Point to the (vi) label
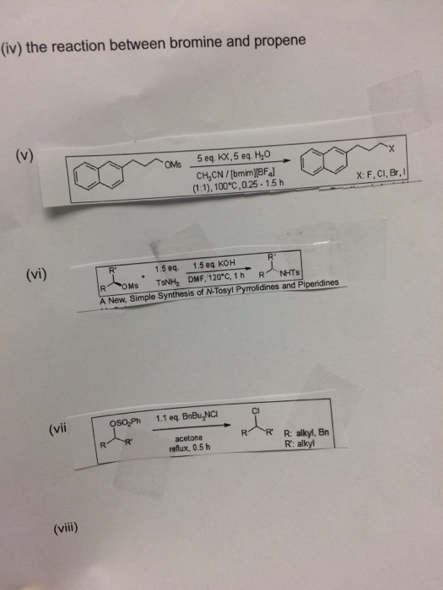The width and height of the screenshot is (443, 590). (x=35, y=273)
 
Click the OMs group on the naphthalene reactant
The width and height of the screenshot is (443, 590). (x=175, y=163)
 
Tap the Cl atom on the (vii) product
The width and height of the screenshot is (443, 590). (x=255, y=411)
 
